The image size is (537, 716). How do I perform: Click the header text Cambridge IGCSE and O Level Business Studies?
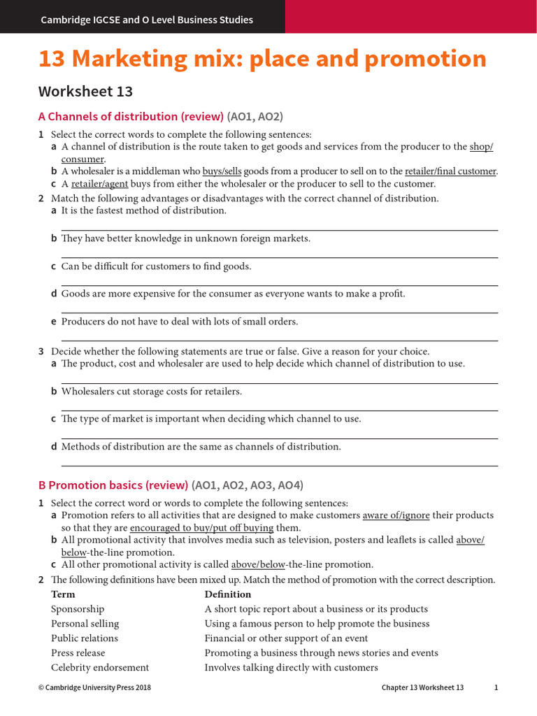click(147, 20)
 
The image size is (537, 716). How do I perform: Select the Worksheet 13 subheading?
click(85, 92)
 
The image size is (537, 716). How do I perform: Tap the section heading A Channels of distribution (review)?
click(131, 117)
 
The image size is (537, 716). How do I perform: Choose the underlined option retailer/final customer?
click(450, 171)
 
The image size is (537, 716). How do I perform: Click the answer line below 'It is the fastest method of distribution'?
click(280, 229)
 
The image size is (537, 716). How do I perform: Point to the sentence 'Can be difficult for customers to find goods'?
click(156, 266)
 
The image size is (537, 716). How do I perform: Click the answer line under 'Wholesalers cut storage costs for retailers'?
click(280, 410)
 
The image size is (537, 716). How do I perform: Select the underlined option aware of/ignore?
click(396, 515)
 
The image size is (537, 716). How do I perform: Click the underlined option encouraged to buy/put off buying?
click(201, 528)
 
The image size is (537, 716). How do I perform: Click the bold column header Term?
click(63, 594)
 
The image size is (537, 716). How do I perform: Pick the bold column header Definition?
click(227, 594)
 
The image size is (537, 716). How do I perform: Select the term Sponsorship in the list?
click(78, 609)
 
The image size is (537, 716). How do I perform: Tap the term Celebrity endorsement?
click(100, 668)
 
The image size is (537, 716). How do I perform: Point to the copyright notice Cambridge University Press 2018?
click(94, 688)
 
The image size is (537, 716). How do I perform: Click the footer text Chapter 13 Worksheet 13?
click(422, 688)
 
